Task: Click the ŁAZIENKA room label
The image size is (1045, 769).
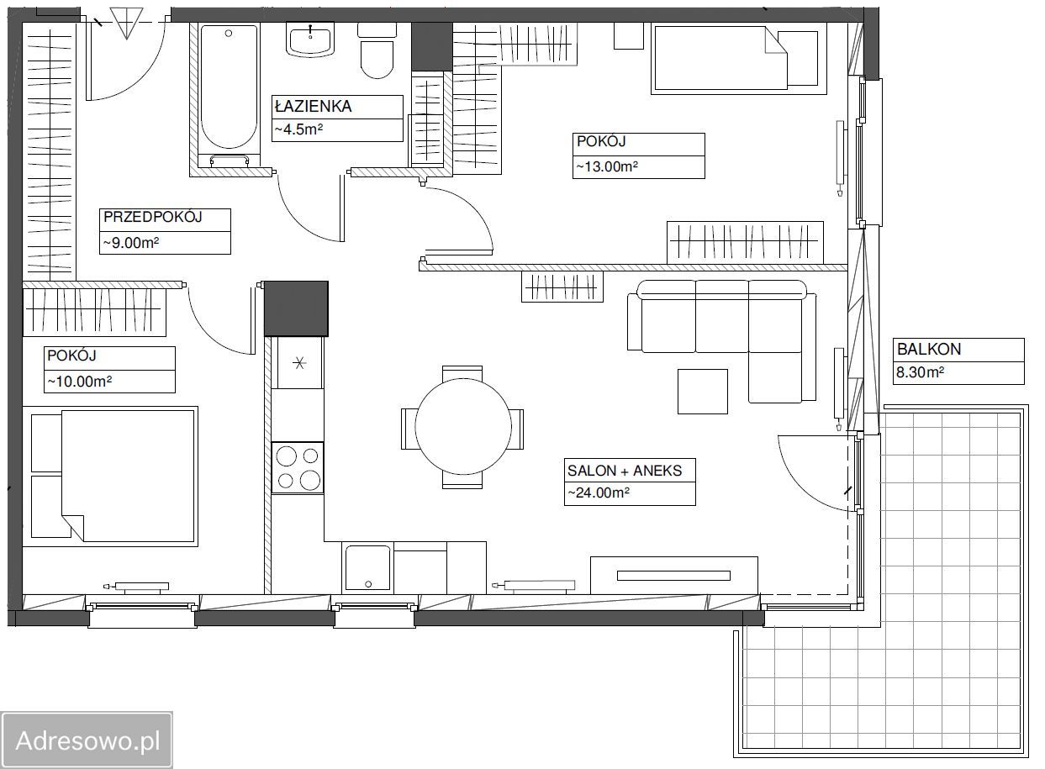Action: point(313,106)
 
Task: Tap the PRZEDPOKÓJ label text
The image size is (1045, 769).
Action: point(152,217)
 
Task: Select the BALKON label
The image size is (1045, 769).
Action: point(929,350)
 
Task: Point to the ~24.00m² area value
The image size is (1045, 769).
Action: point(598,492)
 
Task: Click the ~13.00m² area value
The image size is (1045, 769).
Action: point(607,166)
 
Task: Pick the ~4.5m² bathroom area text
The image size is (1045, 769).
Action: point(298,129)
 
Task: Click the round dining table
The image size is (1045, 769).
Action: point(462,426)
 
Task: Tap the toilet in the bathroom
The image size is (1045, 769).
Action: point(377,51)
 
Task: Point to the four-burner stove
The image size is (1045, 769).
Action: point(298,467)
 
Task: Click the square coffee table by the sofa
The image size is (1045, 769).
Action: point(703,392)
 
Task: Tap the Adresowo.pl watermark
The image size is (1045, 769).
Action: point(87,740)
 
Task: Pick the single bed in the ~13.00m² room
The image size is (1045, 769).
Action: point(739,58)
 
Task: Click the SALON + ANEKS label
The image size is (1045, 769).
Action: point(625,471)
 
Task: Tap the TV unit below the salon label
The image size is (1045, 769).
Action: point(673,575)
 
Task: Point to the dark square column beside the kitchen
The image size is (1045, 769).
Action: point(296,308)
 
